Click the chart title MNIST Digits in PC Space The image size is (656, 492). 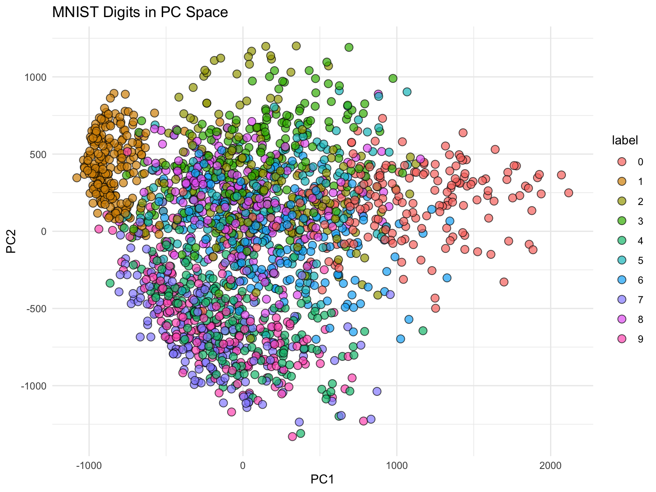click(140, 12)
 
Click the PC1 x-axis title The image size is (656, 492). click(322, 480)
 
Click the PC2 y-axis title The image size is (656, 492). click(12, 241)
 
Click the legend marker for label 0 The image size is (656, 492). click(622, 162)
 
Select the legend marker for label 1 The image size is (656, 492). click(622, 182)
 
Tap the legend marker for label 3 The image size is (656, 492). click(622, 221)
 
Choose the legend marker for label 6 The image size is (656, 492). click(622, 280)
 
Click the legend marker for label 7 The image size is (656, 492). click(622, 299)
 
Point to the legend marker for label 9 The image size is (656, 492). click(622, 339)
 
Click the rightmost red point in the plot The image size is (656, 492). click(568, 193)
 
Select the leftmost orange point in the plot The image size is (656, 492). click(77, 178)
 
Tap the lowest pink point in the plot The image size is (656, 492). click(292, 436)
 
